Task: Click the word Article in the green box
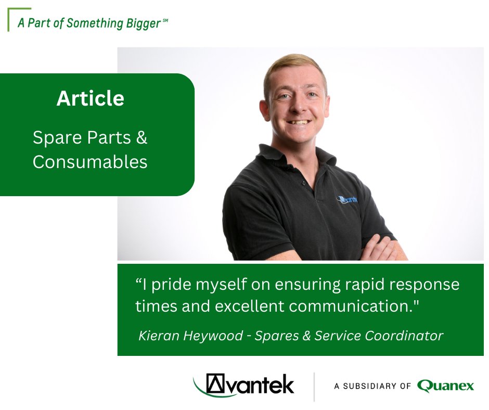[x=91, y=99]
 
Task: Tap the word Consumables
[x=90, y=162]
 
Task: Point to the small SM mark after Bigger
[x=165, y=20]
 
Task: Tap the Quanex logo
[x=445, y=386]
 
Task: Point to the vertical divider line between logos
[x=314, y=386]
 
